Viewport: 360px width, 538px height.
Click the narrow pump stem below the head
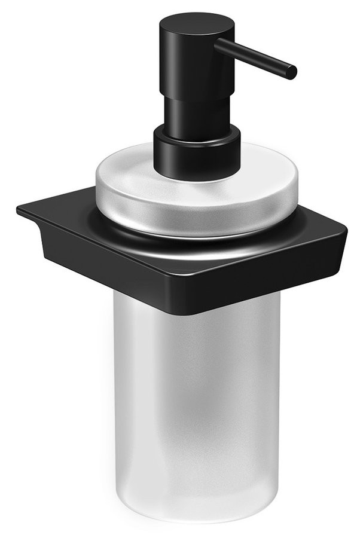tap(190, 111)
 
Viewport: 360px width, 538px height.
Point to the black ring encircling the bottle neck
tap(197, 230)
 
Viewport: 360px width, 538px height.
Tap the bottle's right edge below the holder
tap(279, 389)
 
